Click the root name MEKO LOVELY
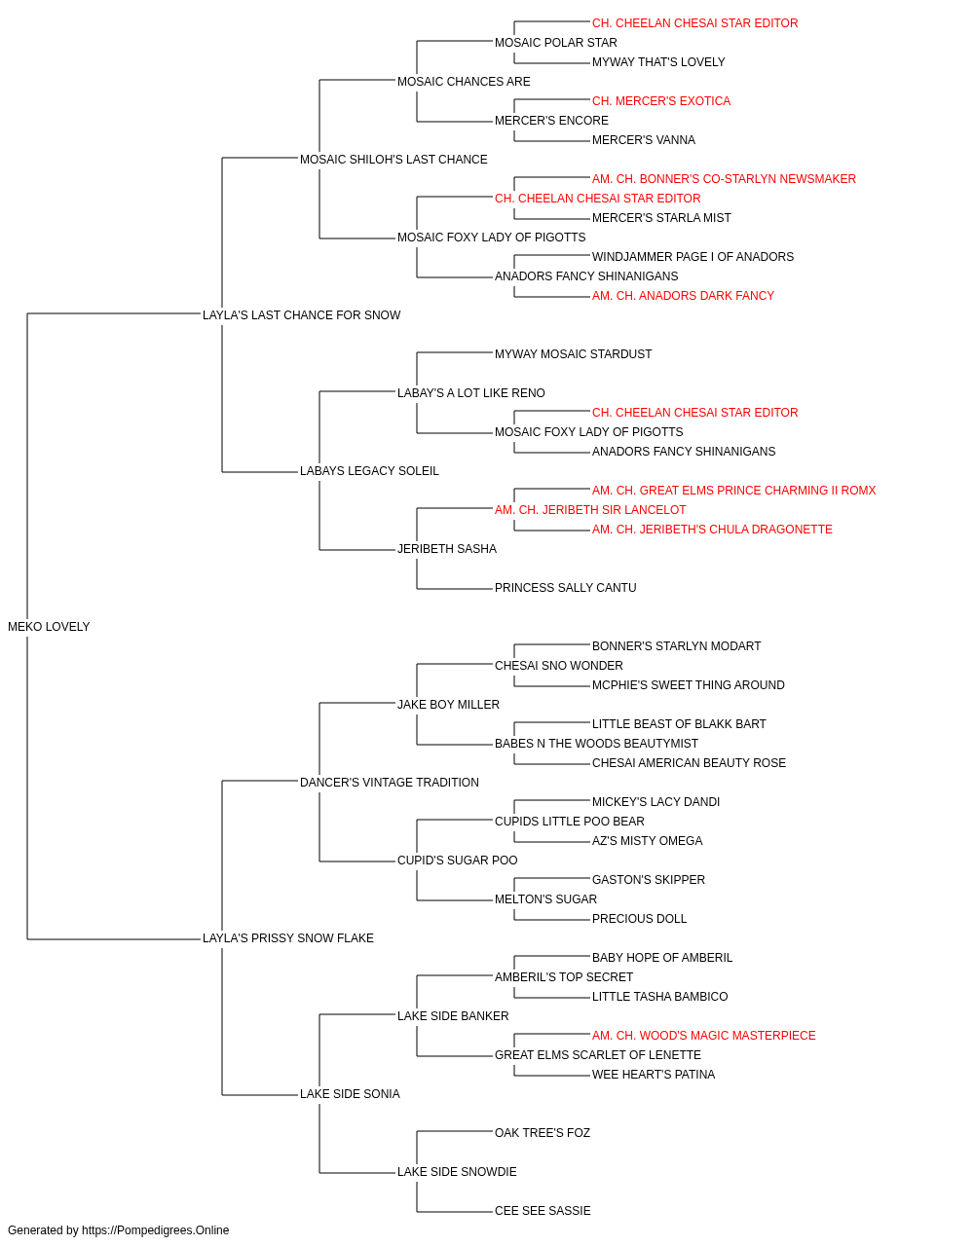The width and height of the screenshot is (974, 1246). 49,627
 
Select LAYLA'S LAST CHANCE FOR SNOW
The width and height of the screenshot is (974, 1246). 301,315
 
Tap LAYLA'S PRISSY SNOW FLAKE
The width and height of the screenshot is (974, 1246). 288,938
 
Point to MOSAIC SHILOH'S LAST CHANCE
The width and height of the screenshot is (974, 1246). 393,160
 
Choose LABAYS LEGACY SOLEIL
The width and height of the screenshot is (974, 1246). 369,471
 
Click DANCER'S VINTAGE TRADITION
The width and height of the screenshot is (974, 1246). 390,783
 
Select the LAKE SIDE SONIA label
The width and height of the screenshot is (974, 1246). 350,1094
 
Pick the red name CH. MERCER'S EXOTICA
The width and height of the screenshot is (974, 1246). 661,101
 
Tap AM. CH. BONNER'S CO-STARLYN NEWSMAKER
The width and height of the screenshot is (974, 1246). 724,179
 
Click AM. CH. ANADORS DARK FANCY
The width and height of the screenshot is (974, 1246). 683,296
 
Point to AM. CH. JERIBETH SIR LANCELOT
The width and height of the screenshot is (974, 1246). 590,510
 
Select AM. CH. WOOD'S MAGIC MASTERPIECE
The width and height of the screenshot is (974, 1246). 704,1036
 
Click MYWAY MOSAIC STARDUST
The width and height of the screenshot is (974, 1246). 573,354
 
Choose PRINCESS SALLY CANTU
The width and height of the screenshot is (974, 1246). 566,588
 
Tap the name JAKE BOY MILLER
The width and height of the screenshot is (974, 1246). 449,705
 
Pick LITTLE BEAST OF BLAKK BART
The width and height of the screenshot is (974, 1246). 679,724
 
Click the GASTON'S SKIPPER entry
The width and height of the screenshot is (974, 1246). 649,880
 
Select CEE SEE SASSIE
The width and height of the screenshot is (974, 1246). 543,1211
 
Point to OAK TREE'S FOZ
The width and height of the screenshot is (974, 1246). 543,1133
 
